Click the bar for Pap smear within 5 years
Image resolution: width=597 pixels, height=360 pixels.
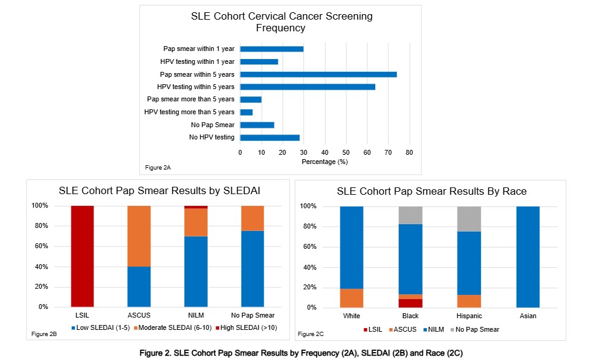(318, 74)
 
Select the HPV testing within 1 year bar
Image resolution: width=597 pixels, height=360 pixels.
(259, 61)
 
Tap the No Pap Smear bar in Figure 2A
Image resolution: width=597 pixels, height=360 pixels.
(257, 125)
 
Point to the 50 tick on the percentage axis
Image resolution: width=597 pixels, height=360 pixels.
(346, 152)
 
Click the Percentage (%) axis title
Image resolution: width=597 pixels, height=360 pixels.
(325, 162)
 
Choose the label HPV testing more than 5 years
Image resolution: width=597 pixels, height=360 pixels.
(189, 112)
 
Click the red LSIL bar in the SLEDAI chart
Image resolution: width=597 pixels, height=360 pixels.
(82, 256)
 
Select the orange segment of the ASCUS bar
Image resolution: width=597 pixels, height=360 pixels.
(139, 236)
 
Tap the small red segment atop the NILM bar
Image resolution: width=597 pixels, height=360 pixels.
(196, 207)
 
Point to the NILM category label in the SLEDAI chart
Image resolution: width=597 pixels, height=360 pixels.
(196, 316)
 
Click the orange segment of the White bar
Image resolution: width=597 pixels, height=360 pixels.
(352, 298)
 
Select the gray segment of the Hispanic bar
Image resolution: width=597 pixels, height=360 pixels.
(469, 219)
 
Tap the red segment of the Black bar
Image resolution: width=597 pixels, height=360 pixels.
(410, 303)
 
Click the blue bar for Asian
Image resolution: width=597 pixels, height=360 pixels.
(527, 257)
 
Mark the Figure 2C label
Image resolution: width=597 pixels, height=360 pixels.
(311, 334)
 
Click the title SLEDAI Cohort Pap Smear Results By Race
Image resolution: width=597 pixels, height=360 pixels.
(431, 191)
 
